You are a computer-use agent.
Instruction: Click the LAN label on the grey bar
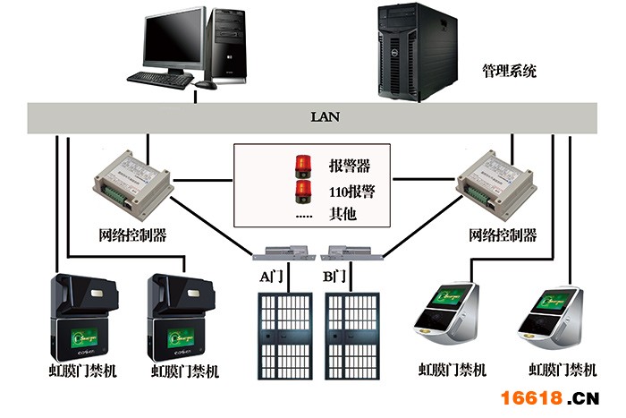pyautogui.click(x=325, y=116)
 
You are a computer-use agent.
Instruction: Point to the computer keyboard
pyautogui.click(x=160, y=79)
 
